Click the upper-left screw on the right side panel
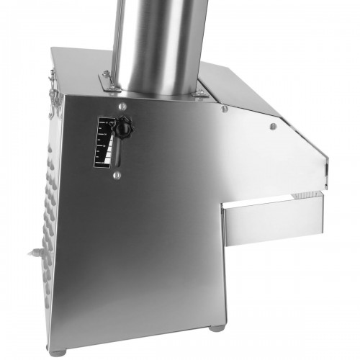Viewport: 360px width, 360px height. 225,109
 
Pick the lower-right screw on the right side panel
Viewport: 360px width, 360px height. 272,127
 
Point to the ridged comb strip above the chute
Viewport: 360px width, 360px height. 306,197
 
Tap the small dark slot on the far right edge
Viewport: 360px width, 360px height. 324,171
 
